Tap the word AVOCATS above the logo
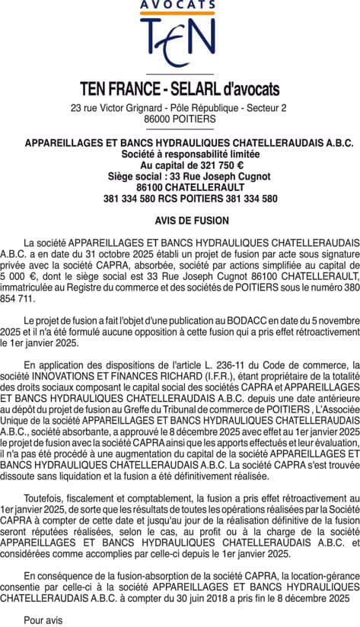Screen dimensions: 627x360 tap(180, 5)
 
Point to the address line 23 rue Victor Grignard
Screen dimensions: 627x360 tap(180, 108)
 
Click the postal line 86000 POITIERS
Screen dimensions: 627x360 tap(180, 119)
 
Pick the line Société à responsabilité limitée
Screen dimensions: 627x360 tap(180, 154)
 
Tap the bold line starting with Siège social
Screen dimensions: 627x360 tap(180, 177)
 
